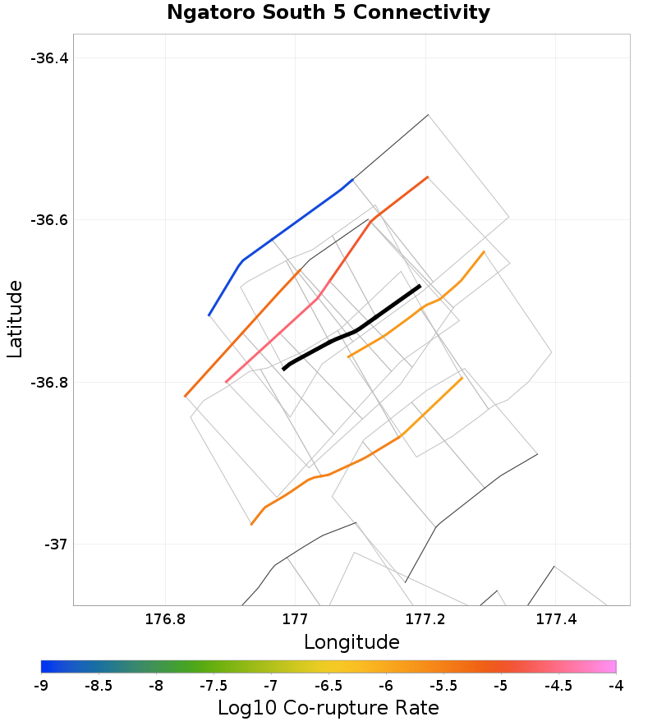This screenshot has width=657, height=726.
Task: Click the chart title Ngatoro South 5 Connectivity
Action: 328,13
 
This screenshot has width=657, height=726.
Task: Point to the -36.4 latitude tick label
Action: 51,58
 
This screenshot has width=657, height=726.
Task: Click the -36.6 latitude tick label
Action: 51,220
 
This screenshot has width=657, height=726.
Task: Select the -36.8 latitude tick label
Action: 51,383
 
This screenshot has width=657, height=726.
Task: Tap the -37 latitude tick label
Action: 57,544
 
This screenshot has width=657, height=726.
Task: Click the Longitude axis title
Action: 351,642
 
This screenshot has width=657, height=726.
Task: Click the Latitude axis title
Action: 15,319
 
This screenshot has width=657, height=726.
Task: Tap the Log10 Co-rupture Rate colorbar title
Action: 328,708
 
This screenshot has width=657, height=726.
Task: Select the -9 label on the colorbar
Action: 41,686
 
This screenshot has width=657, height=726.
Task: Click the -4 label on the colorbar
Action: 615,686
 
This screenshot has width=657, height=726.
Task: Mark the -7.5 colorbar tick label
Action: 214,686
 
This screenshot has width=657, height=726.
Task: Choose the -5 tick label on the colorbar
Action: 501,686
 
